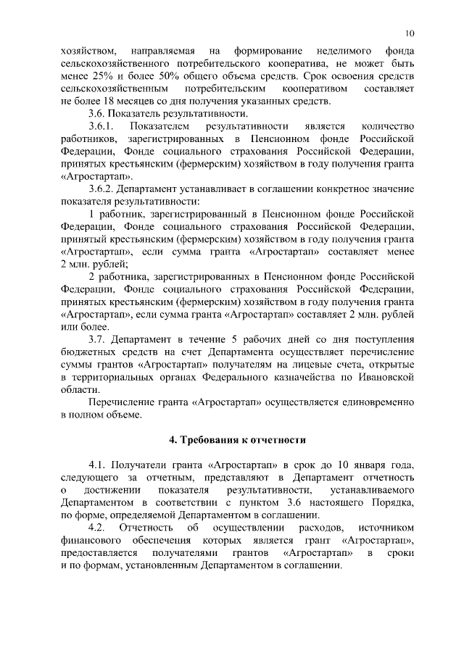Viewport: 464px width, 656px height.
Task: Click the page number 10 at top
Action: pyautogui.click(x=410, y=33)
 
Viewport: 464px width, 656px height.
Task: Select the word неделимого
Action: pyautogui.click(x=344, y=51)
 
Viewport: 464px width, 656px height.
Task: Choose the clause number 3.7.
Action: pyautogui.click(x=97, y=339)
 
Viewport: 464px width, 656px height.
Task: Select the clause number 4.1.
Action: pyautogui.click(x=97, y=465)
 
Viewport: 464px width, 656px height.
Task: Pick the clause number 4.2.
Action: pyautogui.click(x=97, y=527)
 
